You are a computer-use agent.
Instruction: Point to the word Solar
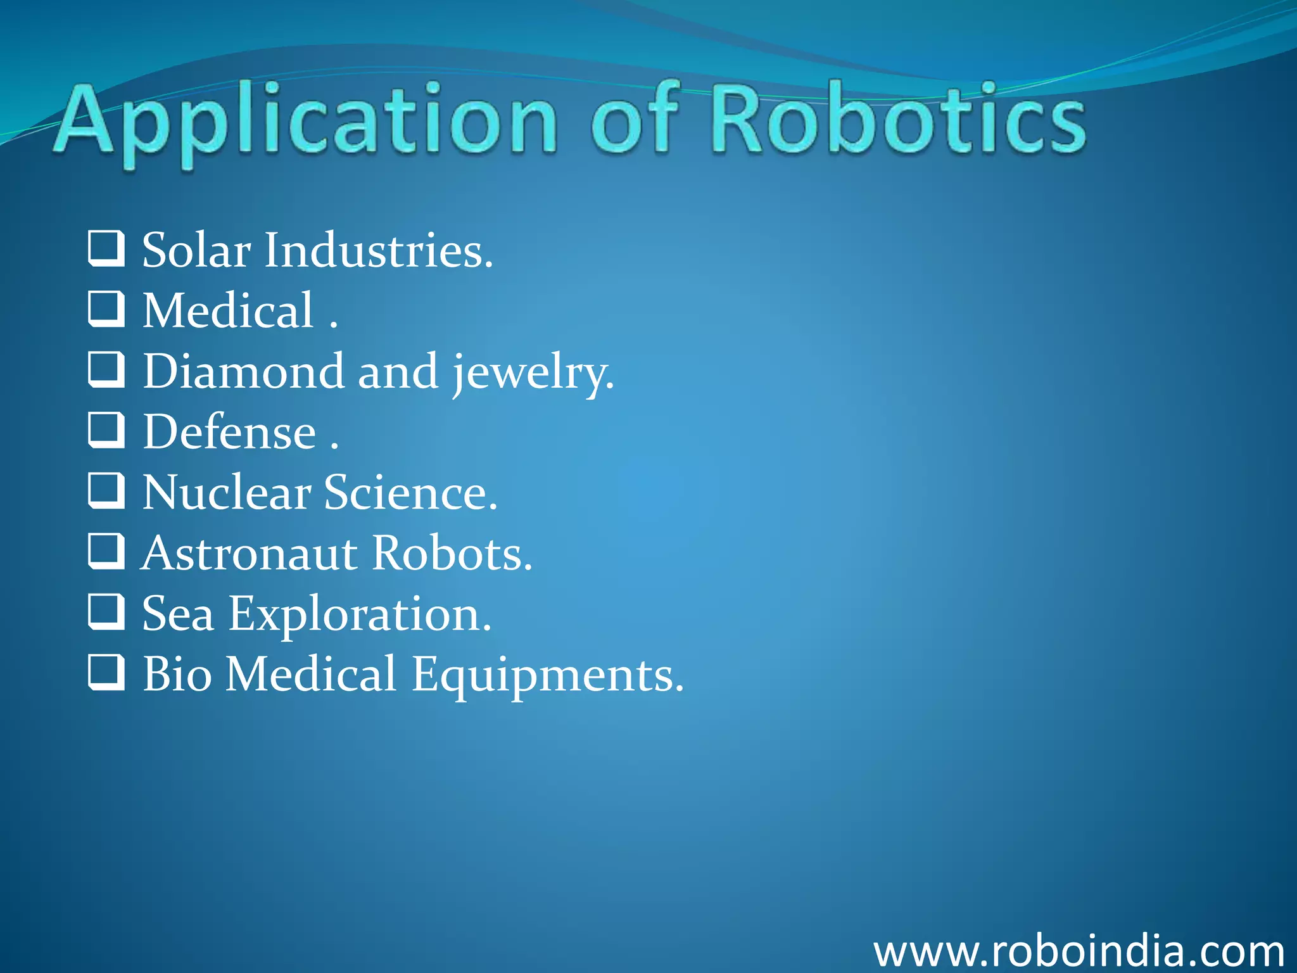[x=196, y=251]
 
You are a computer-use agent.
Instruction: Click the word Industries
[x=377, y=251]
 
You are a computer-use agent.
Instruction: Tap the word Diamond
[x=244, y=372]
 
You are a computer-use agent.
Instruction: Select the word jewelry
[x=532, y=374]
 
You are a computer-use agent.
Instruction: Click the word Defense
[x=229, y=433]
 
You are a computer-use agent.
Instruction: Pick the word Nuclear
[x=227, y=493]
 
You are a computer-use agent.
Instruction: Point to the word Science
[x=410, y=493]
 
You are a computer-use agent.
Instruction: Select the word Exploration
[x=360, y=615]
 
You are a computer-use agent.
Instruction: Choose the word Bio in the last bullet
[x=177, y=674]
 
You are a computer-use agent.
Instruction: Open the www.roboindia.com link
[x=1079, y=951]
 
